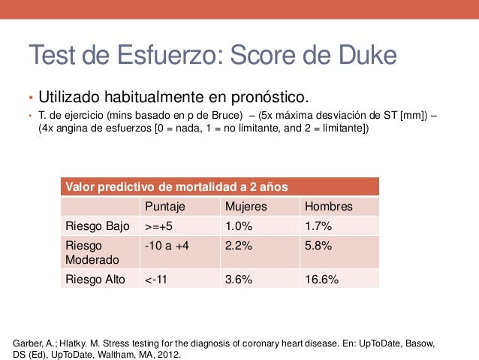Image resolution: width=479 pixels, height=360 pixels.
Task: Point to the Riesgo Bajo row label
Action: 98,226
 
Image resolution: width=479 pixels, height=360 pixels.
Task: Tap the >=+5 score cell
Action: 159,226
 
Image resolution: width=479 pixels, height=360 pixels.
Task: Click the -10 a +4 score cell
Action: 167,246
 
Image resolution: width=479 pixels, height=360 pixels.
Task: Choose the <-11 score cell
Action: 156,280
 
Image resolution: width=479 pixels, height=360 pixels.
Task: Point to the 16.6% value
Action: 321,280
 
